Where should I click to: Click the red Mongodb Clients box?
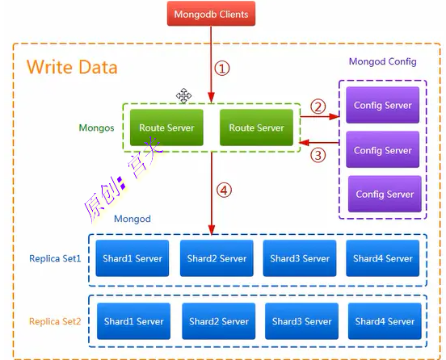tap(211, 14)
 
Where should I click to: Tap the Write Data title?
tap(72, 67)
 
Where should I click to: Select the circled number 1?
tap(222, 69)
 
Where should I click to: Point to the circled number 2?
tap(318, 107)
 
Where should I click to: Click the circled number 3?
tap(318, 156)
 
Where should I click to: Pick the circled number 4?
tap(224, 190)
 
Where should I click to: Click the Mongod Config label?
tap(382, 61)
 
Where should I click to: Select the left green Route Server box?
tap(166, 128)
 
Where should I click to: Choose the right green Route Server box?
tap(257, 128)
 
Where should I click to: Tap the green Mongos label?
tap(96, 128)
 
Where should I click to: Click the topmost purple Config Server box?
tap(382, 105)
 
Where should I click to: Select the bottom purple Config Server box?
tap(385, 194)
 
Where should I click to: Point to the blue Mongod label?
tap(133, 219)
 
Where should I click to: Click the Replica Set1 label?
tap(55, 258)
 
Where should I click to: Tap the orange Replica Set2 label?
tap(55, 321)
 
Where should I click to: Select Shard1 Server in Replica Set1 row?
tap(133, 258)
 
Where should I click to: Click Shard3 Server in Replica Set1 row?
tap(300, 258)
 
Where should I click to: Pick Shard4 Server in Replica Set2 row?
tap(385, 321)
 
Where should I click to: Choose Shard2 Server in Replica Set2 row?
tap(219, 321)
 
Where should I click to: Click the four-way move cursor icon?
tap(183, 96)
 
